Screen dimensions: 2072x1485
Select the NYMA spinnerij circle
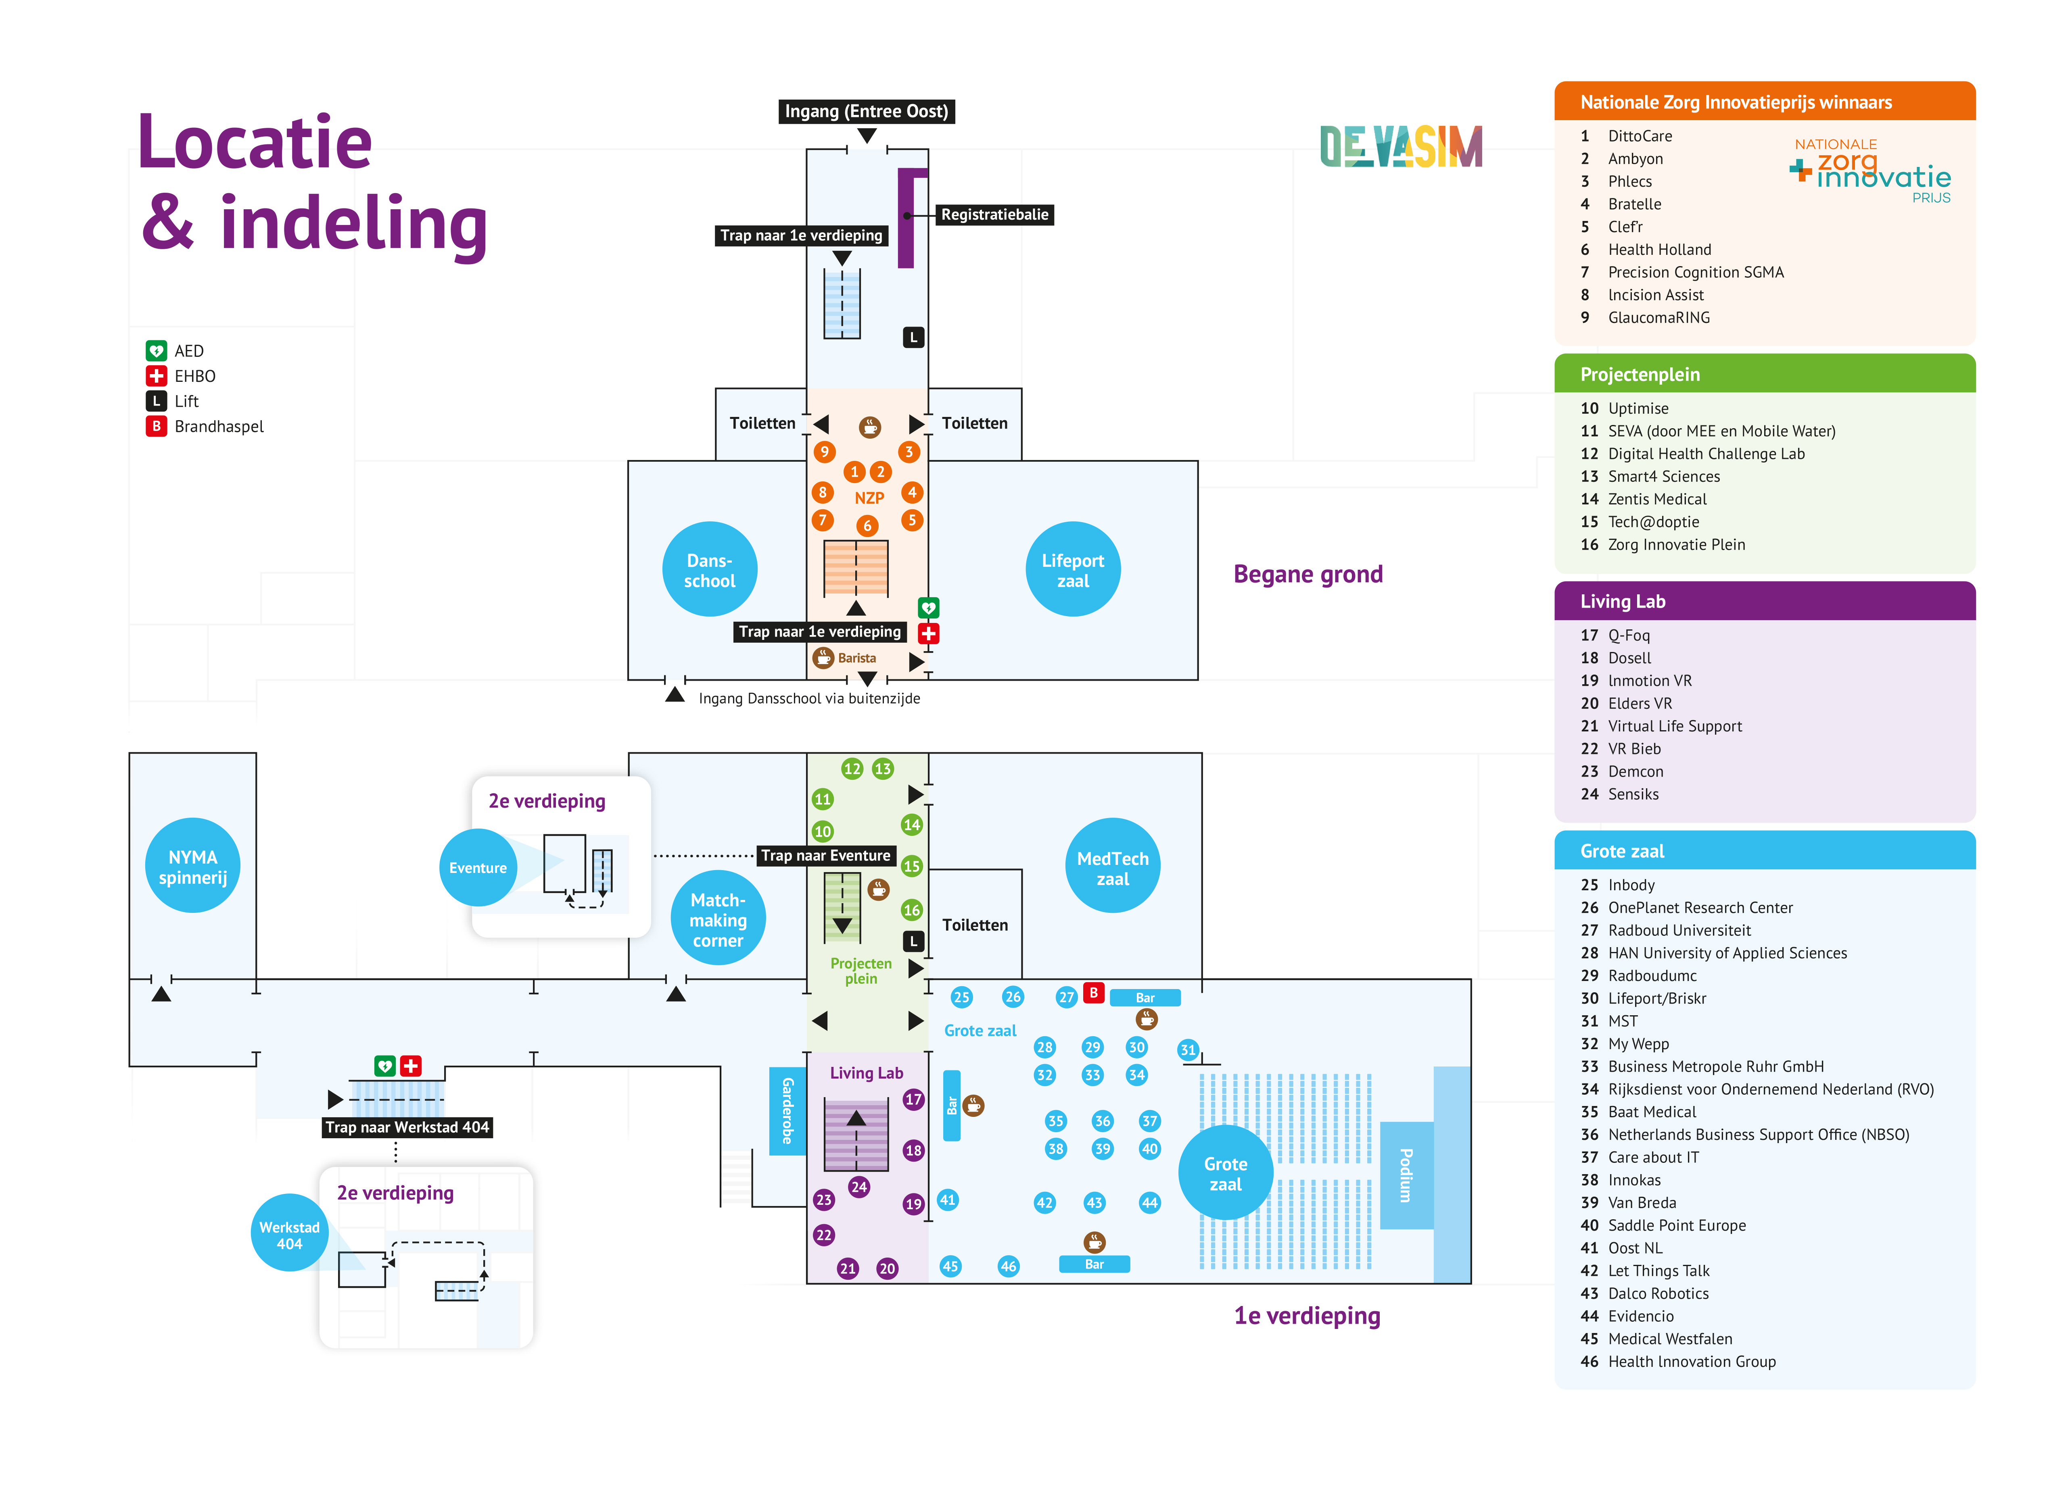click(193, 866)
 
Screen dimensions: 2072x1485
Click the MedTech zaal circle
click(1113, 866)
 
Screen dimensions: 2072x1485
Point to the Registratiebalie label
click(995, 215)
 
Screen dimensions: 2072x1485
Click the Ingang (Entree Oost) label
click(866, 111)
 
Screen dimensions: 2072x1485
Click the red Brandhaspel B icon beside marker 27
click(1094, 993)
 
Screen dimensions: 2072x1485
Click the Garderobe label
click(787, 1110)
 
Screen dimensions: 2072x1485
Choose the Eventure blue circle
click(478, 868)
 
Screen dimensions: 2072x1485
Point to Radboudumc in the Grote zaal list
click(1652, 975)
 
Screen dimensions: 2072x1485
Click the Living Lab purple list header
click(1765, 601)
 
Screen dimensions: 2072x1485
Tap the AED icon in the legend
click(156, 351)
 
